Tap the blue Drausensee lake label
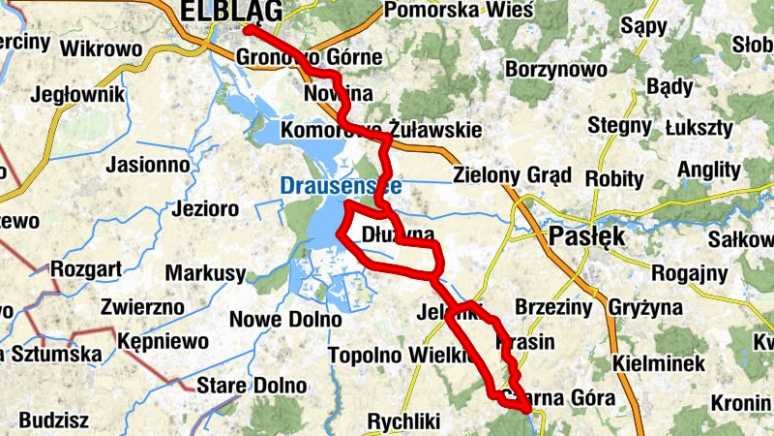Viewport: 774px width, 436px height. click(340, 184)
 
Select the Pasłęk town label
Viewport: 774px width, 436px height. click(587, 237)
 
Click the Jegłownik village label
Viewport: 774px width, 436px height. click(78, 95)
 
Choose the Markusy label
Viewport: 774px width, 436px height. click(205, 274)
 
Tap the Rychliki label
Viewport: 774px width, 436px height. click(404, 421)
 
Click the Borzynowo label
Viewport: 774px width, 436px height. click(556, 70)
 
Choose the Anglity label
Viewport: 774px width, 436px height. click(709, 169)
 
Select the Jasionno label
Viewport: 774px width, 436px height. click(148, 165)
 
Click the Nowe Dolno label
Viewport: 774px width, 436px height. click(285, 320)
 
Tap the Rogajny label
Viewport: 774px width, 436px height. click(689, 273)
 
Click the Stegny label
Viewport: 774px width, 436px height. click(620, 126)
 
